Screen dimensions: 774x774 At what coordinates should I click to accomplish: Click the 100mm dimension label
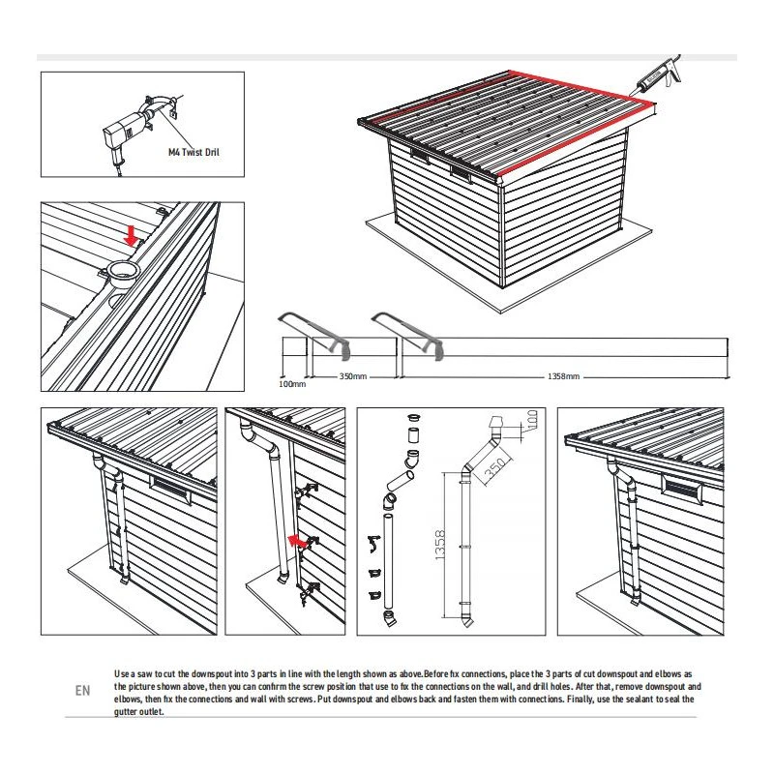click(291, 384)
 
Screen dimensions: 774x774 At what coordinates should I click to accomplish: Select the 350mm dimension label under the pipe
click(352, 374)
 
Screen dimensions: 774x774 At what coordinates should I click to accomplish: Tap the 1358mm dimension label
click(564, 374)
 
